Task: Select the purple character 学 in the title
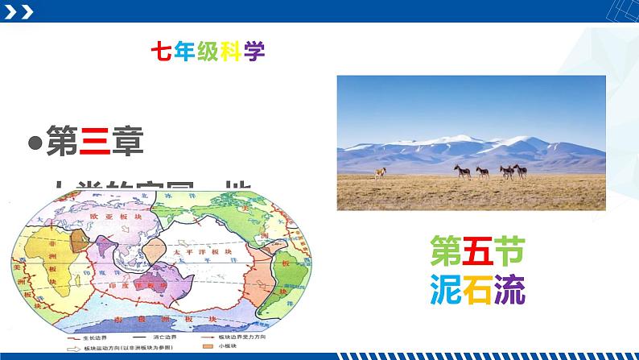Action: [255, 51]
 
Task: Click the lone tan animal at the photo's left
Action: [379, 171]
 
